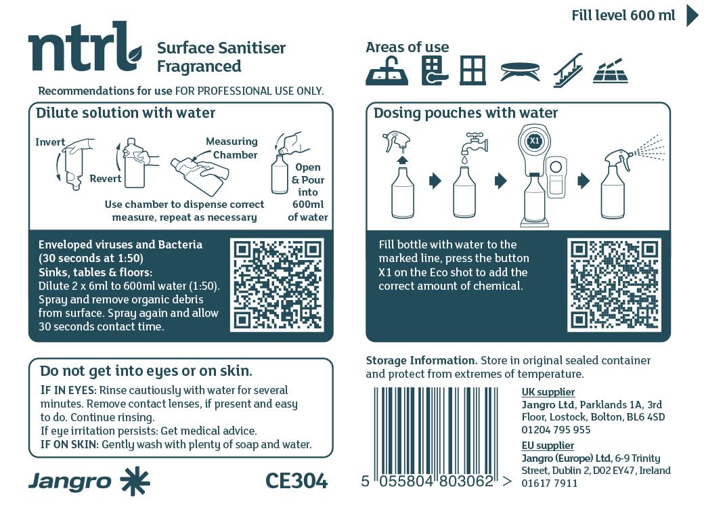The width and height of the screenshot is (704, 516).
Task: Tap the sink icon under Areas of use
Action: [387, 71]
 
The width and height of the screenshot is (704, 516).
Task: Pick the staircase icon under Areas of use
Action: [568, 70]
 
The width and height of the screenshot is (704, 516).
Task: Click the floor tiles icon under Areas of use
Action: [610, 71]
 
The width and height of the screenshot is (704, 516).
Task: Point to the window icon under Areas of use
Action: [472, 70]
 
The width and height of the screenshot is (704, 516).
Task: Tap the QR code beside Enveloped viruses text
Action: [277, 285]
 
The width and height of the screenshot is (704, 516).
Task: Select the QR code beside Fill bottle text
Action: [614, 285]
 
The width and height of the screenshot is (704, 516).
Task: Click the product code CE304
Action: [296, 481]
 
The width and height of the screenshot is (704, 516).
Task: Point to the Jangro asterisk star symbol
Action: [135, 481]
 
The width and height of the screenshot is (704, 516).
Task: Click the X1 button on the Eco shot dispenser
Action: [534, 141]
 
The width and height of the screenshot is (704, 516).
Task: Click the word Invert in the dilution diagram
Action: [50, 142]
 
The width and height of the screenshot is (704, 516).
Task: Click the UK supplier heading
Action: [548, 392]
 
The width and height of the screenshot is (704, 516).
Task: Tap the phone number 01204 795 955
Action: [556, 430]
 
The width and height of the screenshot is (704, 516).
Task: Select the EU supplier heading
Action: [548, 446]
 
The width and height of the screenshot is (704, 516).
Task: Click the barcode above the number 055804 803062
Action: [436, 429]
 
